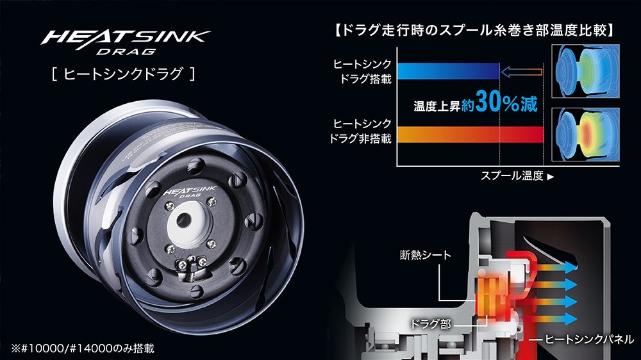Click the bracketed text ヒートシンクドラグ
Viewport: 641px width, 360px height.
(x=123, y=74)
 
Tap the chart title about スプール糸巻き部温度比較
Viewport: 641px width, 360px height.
(x=474, y=29)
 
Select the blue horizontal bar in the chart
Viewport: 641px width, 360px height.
(x=448, y=71)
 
